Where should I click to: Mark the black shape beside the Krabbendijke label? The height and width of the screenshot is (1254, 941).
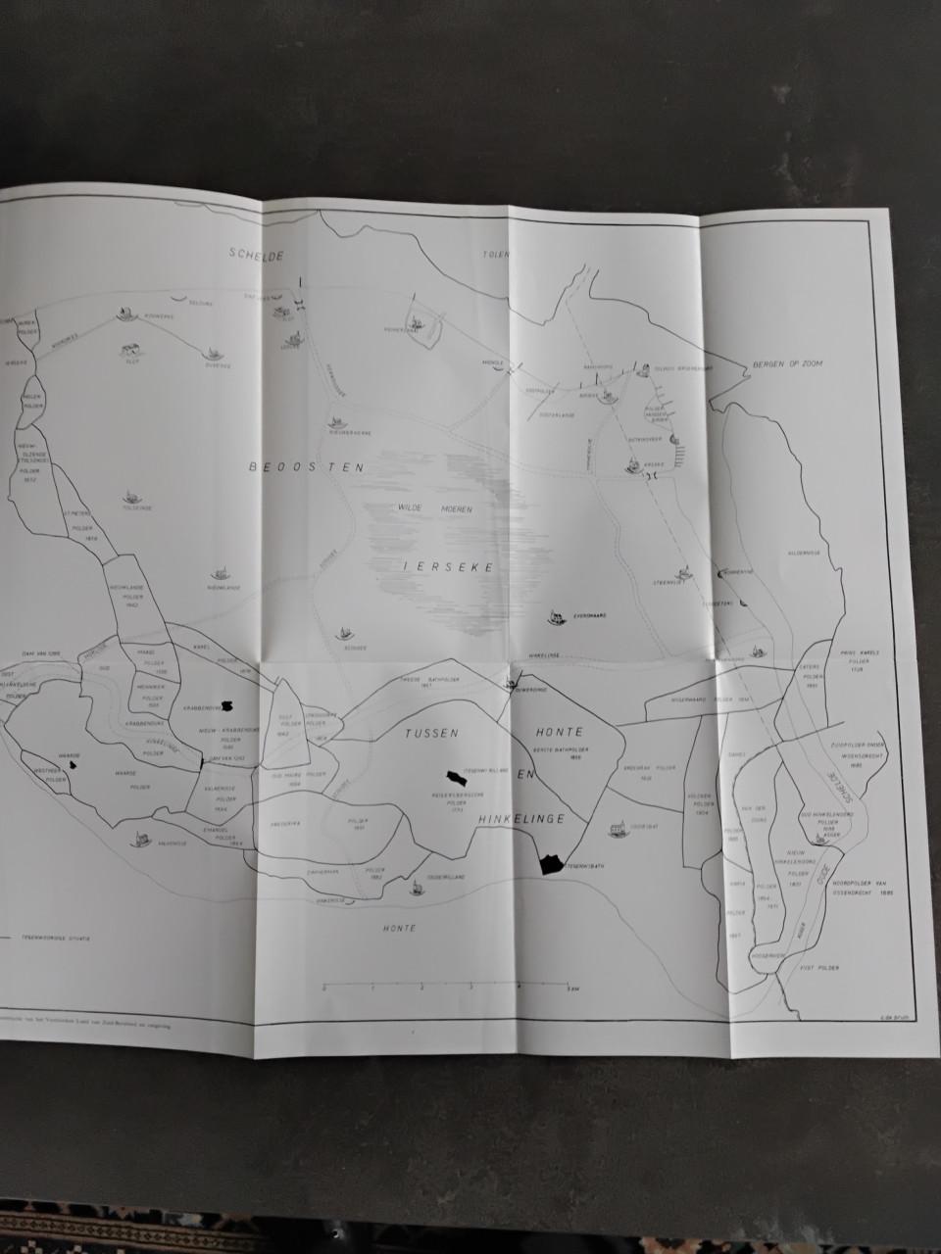tap(228, 705)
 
